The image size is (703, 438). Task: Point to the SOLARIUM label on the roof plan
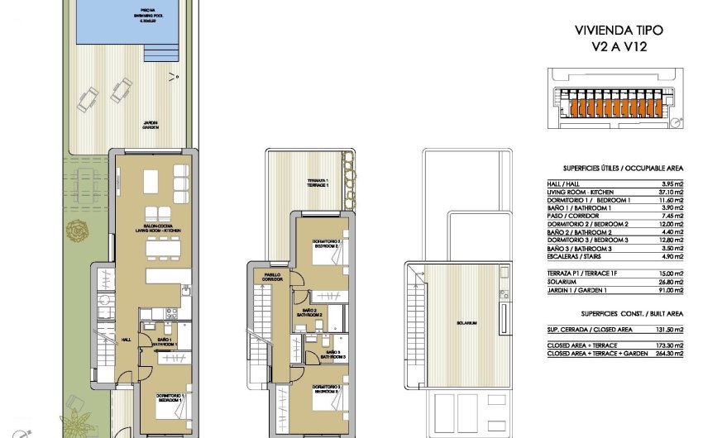tap(466, 322)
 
